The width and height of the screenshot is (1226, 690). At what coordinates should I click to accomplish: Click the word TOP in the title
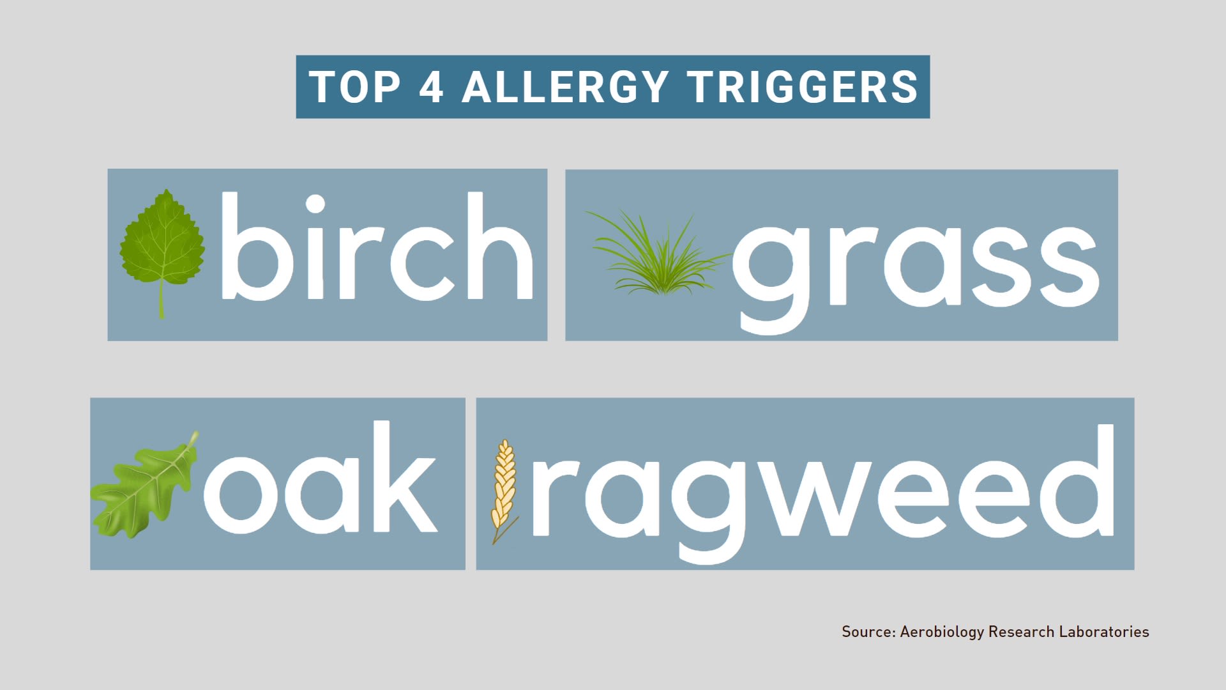tap(354, 87)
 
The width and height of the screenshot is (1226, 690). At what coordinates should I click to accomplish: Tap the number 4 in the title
tap(432, 87)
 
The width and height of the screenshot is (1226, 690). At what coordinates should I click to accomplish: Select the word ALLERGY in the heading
tap(565, 87)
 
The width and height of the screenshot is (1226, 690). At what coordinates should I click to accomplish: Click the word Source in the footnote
tap(867, 632)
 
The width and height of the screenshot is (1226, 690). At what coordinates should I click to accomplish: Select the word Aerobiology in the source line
tap(942, 632)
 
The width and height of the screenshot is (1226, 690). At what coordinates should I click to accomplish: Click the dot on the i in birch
tap(315, 204)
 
